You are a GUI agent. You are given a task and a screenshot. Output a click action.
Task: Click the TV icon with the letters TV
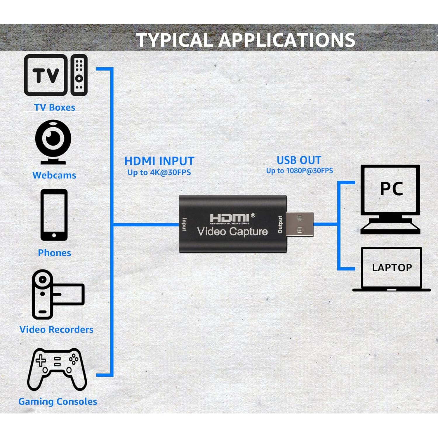46,75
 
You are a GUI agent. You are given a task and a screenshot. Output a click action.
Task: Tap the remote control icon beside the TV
79,75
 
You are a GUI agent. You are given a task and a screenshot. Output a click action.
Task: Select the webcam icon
53,142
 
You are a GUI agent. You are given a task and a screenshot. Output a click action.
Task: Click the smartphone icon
54,215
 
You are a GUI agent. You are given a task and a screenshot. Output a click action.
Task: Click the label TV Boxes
55,107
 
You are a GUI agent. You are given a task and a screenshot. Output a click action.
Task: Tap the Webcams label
54,175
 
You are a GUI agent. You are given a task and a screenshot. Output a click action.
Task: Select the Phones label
55,253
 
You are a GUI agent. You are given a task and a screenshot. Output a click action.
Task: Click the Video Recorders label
56,330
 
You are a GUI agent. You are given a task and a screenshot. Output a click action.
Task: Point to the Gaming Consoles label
58,401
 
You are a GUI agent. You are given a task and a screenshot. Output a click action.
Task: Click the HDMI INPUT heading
159,161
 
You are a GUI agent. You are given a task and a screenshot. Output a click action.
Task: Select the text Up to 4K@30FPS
159,172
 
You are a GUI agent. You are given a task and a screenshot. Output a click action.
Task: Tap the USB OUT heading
299,160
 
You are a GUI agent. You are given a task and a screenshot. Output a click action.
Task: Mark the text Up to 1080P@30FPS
300,171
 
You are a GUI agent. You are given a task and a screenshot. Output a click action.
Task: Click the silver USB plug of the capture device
300,224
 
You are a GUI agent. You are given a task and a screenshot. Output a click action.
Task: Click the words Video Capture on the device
233,232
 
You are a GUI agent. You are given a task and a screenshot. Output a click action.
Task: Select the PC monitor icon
390,199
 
